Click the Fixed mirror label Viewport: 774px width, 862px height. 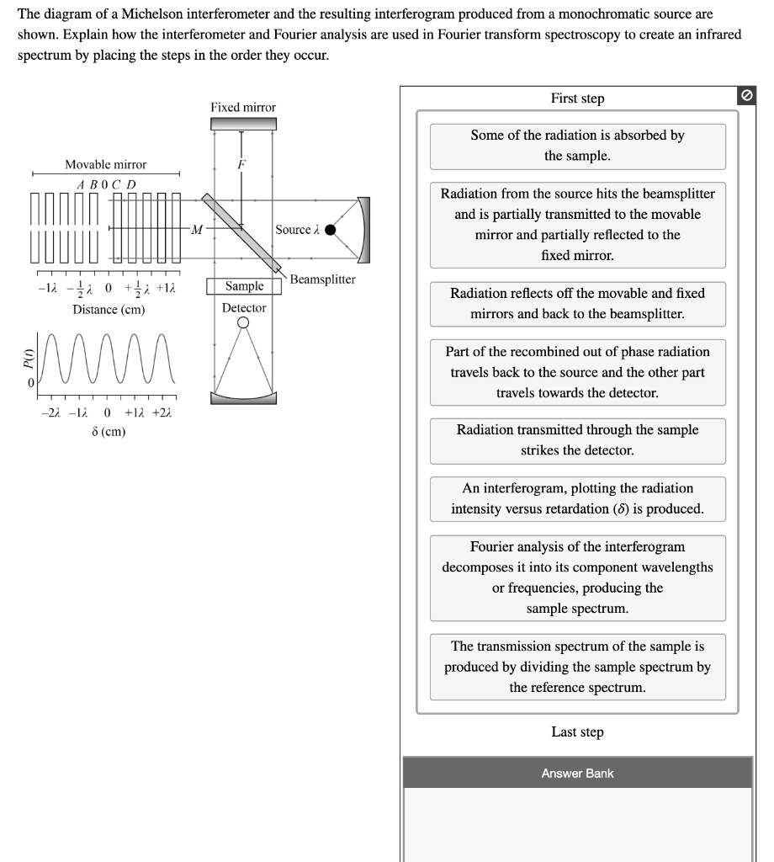[x=243, y=108]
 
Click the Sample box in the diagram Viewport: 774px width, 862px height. [x=244, y=287]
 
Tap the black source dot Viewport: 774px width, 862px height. [x=331, y=229]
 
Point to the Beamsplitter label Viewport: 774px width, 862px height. [x=323, y=279]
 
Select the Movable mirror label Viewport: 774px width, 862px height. [x=106, y=165]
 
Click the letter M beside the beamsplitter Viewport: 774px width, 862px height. [x=196, y=229]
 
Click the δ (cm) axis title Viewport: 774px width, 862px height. [x=109, y=432]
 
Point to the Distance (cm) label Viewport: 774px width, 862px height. [x=109, y=310]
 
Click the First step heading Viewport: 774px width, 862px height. [x=577, y=98]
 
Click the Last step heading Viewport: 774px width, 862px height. [x=577, y=732]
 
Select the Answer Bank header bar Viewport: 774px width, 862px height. [x=577, y=773]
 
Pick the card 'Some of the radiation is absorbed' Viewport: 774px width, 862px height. [x=577, y=146]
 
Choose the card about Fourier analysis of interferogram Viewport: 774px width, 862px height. [x=577, y=577]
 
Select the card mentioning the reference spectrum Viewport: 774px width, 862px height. [x=577, y=667]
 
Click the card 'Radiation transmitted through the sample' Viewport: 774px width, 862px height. [x=577, y=440]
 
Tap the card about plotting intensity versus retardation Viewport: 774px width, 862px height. [x=577, y=498]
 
